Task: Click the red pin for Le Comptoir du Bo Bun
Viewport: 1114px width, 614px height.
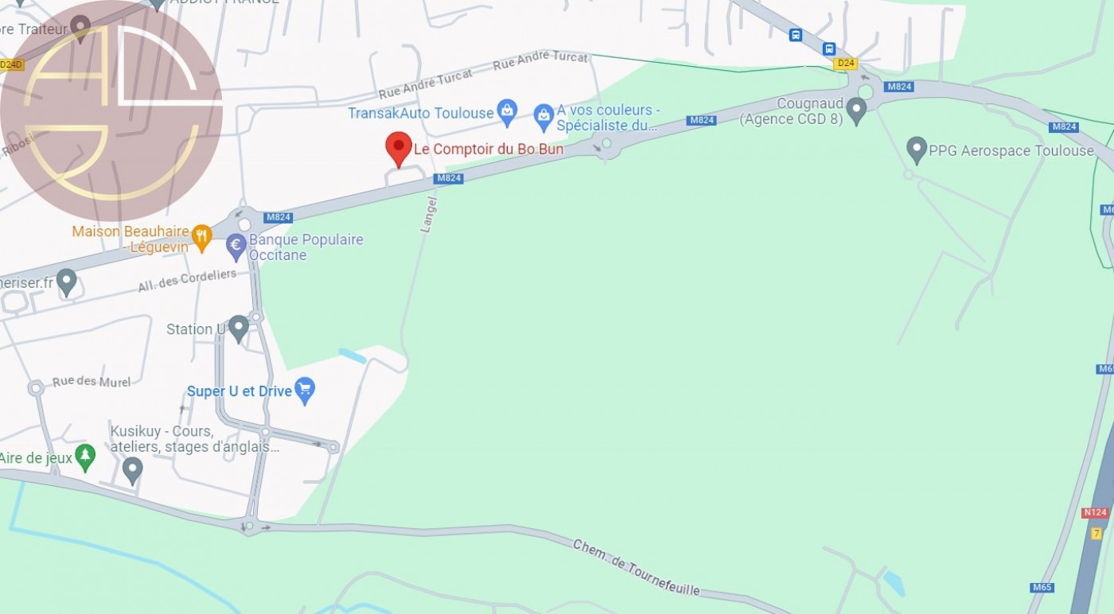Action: coord(399,148)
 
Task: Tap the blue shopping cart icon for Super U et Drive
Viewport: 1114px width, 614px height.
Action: coord(305,390)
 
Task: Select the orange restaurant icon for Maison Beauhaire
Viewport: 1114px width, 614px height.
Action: coord(202,235)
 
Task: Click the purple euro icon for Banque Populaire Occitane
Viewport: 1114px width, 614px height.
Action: coord(236,246)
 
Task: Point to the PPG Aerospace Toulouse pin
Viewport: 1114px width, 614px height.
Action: coord(917,149)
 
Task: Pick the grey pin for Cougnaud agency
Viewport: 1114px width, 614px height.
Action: coord(856,110)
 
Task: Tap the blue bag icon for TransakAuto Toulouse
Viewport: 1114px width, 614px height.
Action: coord(507,111)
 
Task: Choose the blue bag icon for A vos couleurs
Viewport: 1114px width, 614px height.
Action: coord(543,117)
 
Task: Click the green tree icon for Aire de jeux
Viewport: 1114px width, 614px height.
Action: coord(85,457)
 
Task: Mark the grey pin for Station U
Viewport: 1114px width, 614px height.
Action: coord(239,327)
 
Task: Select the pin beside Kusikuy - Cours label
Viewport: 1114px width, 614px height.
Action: coord(132,469)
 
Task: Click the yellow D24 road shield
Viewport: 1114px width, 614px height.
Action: coord(845,63)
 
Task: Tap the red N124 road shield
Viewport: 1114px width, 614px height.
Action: coord(1095,513)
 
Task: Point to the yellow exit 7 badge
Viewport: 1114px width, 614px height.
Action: coord(1096,533)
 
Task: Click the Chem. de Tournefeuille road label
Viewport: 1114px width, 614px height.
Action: coord(636,567)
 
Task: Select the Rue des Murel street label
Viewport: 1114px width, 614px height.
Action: coord(92,382)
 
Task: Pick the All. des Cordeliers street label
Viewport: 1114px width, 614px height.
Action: coord(188,280)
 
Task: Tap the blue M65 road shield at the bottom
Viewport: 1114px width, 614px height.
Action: coord(1042,588)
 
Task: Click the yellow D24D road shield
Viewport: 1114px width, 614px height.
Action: coord(12,64)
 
